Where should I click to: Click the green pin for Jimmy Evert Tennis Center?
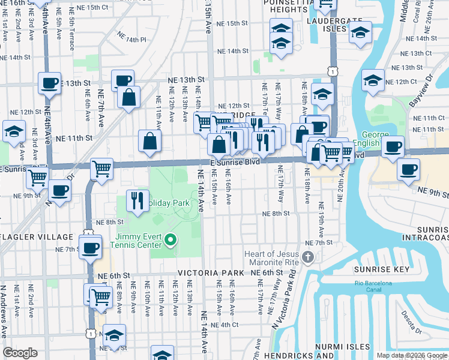(170, 241)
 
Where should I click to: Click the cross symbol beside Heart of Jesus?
(308, 258)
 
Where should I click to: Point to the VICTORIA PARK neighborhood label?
(211, 273)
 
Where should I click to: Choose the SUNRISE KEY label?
(376, 271)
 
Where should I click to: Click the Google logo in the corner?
(20, 353)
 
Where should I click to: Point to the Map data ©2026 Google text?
(411, 355)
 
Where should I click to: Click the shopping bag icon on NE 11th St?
(149, 141)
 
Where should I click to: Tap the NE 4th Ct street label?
(226, 325)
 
